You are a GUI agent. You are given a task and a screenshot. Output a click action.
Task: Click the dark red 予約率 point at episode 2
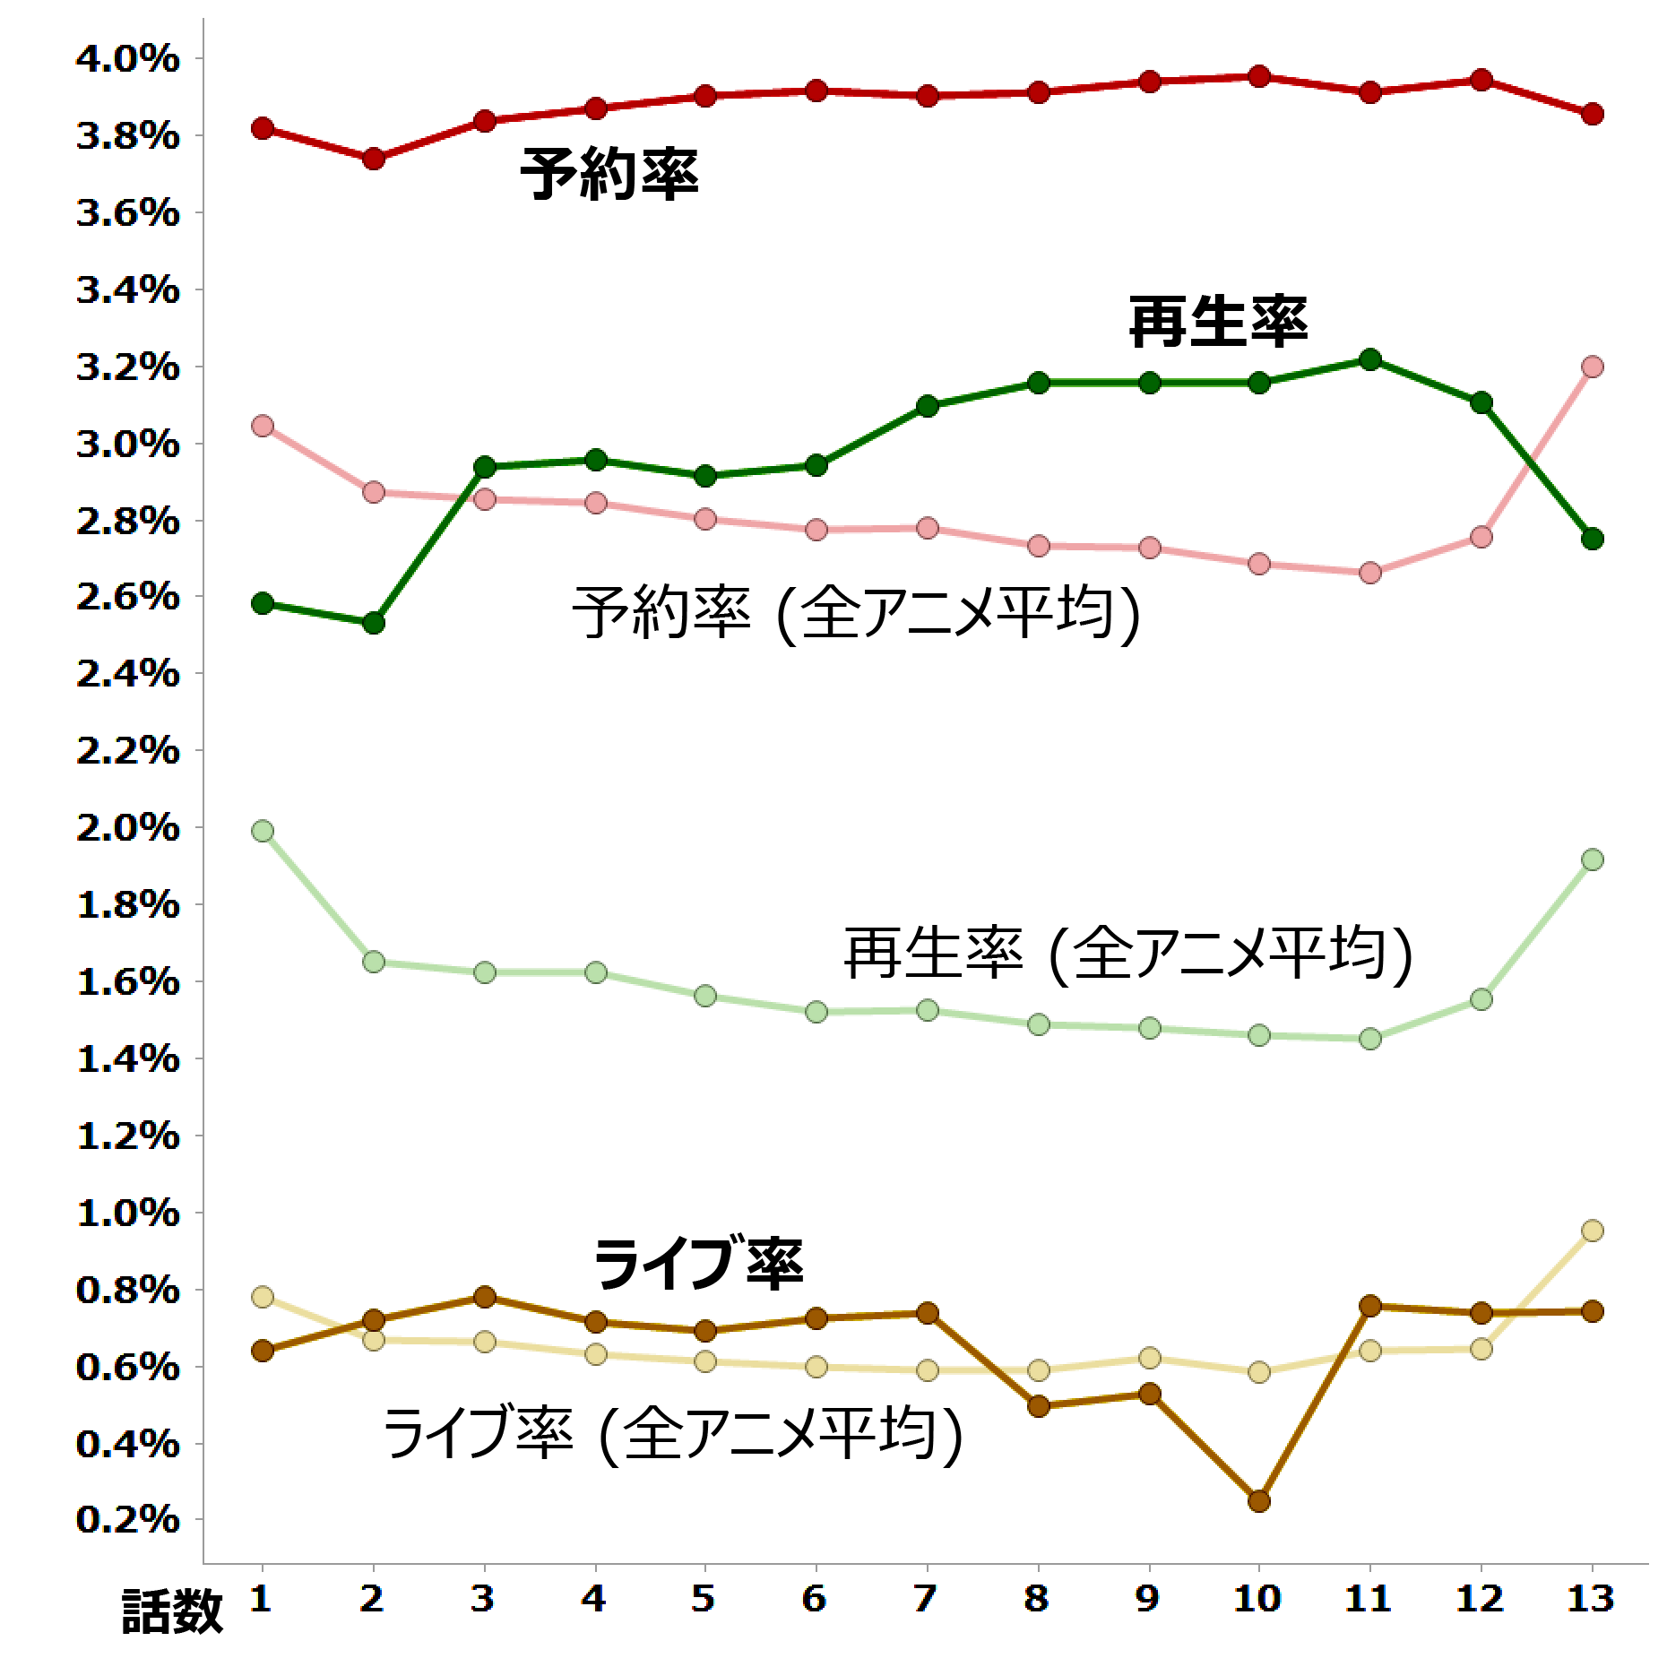pyautogui.click(x=374, y=160)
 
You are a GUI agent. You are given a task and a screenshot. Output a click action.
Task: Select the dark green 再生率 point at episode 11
pyautogui.click(x=1369, y=359)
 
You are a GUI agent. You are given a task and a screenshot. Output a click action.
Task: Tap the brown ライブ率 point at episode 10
pyautogui.click(x=1258, y=1501)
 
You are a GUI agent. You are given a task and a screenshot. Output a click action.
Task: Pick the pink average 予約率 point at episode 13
pyautogui.click(x=1592, y=367)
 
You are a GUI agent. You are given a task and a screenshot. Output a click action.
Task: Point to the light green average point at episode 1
pyautogui.click(x=263, y=831)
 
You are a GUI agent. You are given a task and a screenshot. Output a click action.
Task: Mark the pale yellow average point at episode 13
pyautogui.click(x=1592, y=1231)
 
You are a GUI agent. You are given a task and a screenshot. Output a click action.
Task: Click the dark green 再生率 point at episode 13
pyautogui.click(x=1592, y=539)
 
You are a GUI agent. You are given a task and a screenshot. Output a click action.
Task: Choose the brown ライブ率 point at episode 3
pyautogui.click(x=485, y=1297)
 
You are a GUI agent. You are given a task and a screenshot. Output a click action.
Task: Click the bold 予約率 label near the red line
pyautogui.click(x=609, y=174)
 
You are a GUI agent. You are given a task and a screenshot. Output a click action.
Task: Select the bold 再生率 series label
pyautogui.click(x=1217, y=322)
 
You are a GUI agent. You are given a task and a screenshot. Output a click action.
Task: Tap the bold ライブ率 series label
pyautogui.click(x=698, y=1263)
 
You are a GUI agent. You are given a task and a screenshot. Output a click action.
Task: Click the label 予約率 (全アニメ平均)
pyautogui.click(x=857, y=614)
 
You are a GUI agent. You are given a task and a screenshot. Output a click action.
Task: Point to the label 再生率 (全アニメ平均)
pyautogui.click(x=1128, y=954)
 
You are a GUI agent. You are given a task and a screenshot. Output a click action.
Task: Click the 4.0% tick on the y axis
pyautogui.click(x=127, y=59)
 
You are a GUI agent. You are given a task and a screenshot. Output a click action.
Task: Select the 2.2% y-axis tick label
pyautogui.click(x=127, y=751)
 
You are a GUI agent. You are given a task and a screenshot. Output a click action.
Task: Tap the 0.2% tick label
pyautogui.click(x=127, y=1521)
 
